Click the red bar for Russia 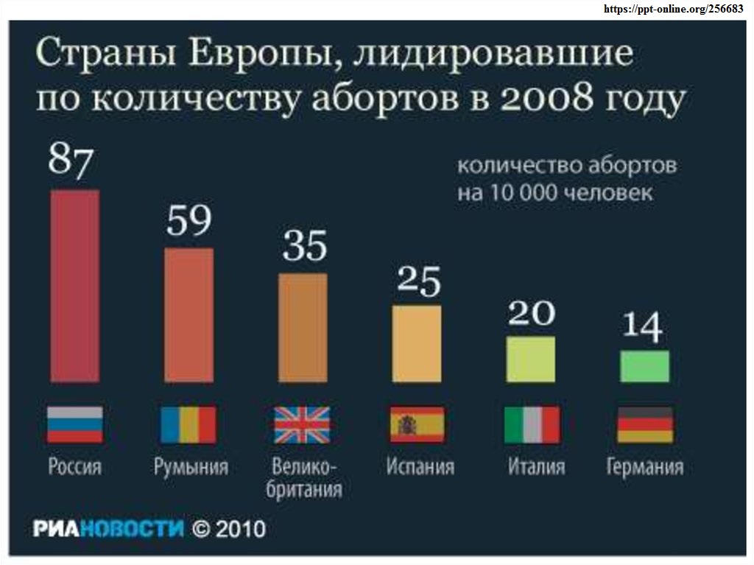point(74,286)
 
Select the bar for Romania point(188,315)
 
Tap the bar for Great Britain point(303,328)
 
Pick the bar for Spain point(417,343)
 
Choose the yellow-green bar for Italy point(531,359)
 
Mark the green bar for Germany point(645,366)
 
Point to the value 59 point(188,220)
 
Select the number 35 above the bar point(304,246)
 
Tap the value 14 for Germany point(643,326)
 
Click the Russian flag point(74,425)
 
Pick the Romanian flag point(188,425)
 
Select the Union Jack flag point(303,425)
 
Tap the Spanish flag point(417,425)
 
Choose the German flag point(645,425)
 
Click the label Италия point(536,467)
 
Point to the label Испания point(420,467)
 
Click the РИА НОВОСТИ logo point(108,528)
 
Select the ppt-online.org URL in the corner point(673,9)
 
